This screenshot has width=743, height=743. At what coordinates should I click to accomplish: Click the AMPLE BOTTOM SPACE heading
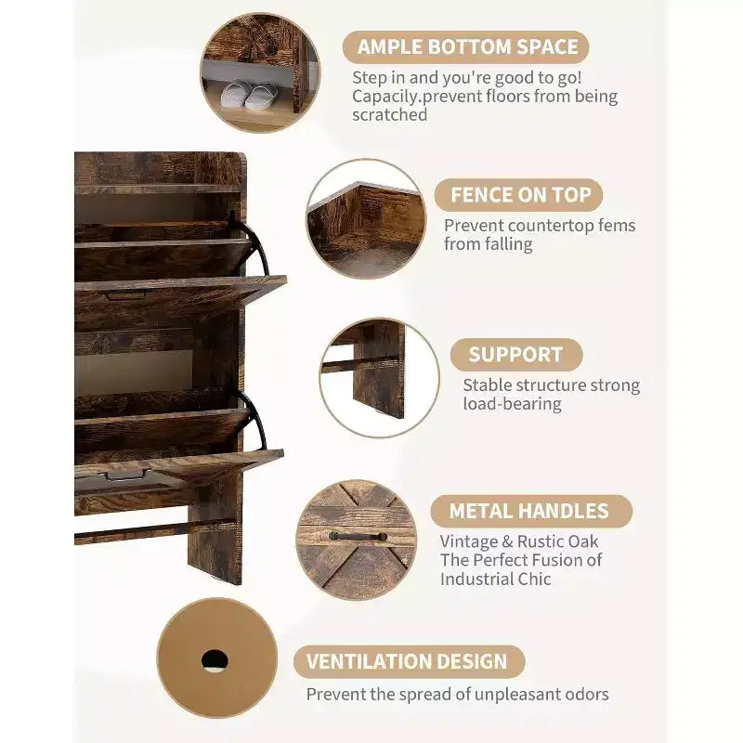[467, 47]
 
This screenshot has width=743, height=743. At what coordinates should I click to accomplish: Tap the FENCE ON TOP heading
[520, 195]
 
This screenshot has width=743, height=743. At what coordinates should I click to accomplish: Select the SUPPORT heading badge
[516, 355]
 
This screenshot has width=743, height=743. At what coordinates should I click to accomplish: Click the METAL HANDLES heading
[528, 511]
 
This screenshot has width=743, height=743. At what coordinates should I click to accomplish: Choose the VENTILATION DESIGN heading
[407, 661]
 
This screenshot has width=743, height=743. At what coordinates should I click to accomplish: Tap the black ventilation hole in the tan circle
[215, 660]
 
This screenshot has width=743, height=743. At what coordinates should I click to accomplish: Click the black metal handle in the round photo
[358, 536]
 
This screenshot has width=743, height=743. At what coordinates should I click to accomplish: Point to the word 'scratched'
[389, 114]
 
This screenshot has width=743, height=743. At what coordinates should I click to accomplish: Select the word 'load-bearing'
[513, 404]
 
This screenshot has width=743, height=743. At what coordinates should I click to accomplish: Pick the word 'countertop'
[541, 226]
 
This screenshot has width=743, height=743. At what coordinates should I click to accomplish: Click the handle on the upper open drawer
[126, 296]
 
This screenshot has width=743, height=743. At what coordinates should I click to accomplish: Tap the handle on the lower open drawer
[125, 476]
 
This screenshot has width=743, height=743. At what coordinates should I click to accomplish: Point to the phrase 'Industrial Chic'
[495, 579]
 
